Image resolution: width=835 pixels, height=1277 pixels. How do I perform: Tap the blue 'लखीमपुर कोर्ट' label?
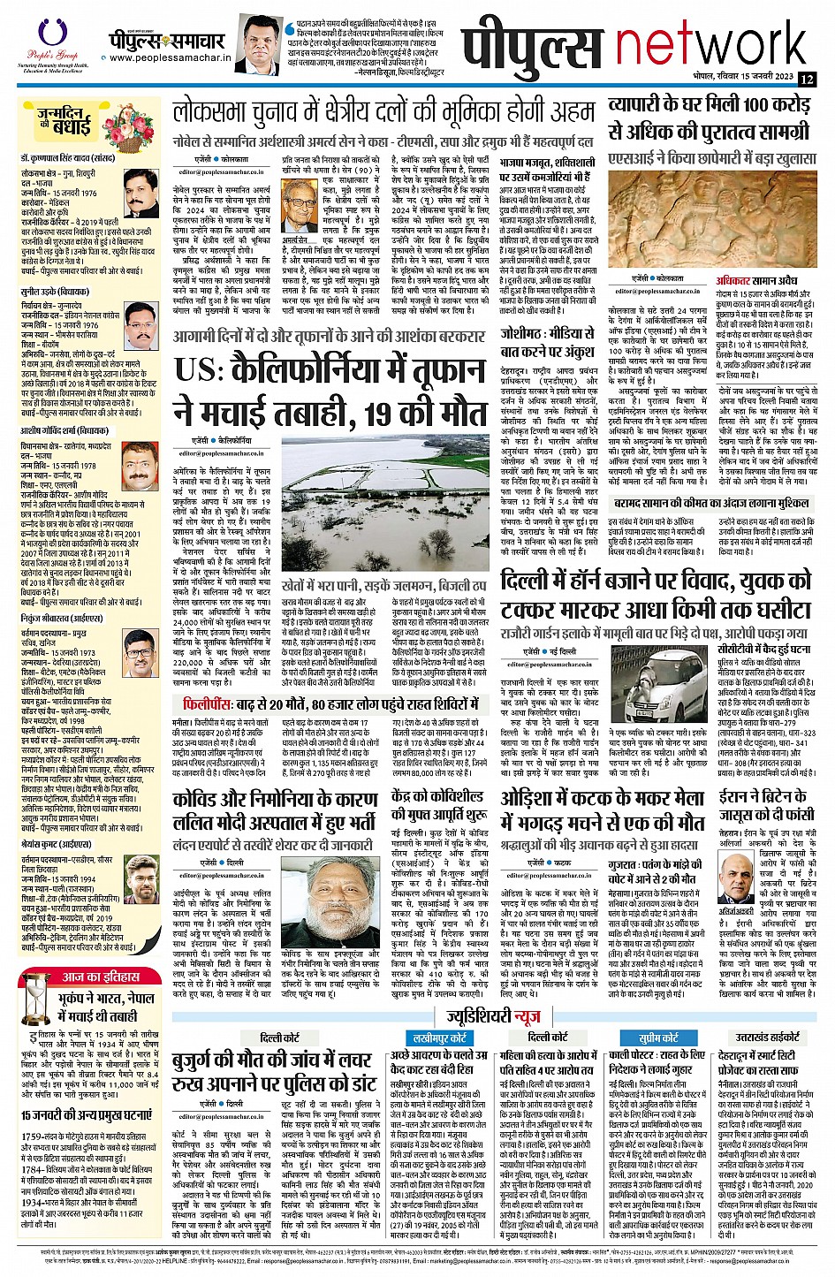pos(440,1013)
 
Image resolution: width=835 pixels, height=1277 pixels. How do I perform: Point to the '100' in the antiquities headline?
pos(730,103)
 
